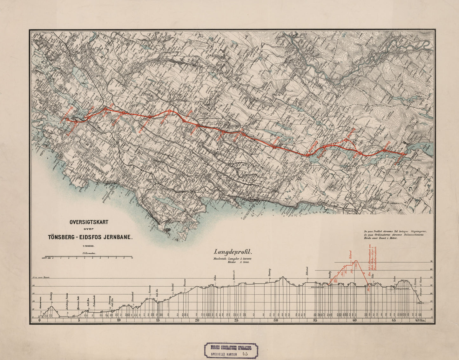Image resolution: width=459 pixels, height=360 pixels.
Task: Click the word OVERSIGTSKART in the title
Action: coord(89,222)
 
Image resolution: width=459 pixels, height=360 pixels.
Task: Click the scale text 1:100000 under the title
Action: coord(89,246)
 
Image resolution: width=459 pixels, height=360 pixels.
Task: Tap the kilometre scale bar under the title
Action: coord(89,256)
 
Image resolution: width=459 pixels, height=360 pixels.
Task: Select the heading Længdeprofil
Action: coord(233,253)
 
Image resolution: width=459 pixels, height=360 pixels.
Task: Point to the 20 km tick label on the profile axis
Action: coord(197,321)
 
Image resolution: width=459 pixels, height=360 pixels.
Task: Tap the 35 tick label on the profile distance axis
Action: coord(315,321)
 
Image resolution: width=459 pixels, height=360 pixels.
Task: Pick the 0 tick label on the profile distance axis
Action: coord(39,321)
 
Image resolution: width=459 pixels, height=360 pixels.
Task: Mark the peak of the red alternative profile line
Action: coord(356,261)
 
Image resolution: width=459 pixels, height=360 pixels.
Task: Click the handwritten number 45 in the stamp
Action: coord(245,353)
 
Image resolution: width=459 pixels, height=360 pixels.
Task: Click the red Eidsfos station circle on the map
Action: coord(403,154)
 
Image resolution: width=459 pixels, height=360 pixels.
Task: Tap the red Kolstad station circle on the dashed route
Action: coord(346,140)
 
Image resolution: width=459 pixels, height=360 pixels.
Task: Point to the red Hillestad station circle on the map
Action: coord(307,155)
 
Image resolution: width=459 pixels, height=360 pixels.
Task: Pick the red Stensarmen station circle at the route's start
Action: coord(67,119)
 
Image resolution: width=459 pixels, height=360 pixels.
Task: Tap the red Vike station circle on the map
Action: coord(361,154)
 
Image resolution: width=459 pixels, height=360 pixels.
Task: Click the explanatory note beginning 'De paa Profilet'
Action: coord(395,236)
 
